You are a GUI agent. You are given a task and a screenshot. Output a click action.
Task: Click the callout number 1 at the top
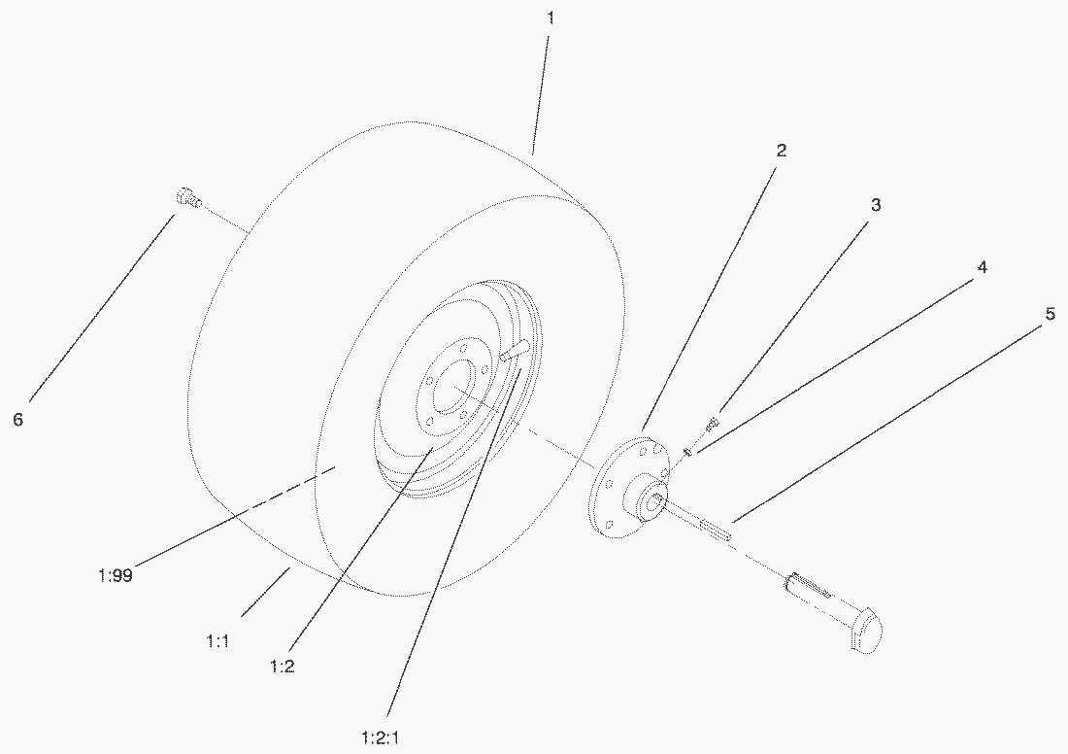click(x=551, y=18)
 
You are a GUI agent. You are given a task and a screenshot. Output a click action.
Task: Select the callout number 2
click(x=782, y=150)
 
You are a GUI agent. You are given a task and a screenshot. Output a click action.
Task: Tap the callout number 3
click(x=876, y=204)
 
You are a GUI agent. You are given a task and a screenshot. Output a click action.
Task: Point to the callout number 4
click(x=981, y=267)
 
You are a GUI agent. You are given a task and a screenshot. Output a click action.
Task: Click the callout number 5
click(x=1050, y=314)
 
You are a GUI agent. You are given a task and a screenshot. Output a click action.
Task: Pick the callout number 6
click(x=17, y=420)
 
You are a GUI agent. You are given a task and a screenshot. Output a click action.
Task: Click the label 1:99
click(x=116, y=575)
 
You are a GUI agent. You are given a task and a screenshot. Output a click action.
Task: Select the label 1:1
click(x=217, y=640)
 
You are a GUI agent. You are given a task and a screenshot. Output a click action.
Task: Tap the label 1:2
click(x=282, y=666)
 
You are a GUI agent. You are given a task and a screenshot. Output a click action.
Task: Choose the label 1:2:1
click(x=380, y=737)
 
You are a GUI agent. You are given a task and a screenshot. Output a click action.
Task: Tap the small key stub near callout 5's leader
click(x=716, y=529)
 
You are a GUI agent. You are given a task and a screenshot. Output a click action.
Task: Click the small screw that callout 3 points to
click(x=711, y=423)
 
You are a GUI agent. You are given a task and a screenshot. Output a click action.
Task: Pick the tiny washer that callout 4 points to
click(x=688, y=450)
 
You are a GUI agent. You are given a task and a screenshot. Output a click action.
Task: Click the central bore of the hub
click(x=653, y=503)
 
